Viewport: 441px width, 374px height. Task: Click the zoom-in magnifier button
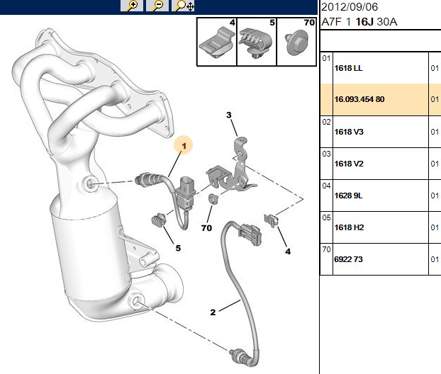pyautogui.click(x=132, y=6)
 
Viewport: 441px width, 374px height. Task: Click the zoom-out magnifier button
pyautogui.click(x=157, y=6)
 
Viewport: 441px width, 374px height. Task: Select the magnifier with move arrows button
pyautogui.click(x=183, y=6)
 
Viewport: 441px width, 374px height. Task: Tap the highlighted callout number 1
pyautogui.click(x=184, y=146)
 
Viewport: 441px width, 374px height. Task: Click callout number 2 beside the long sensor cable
pyautogui.click(x=213, y=312)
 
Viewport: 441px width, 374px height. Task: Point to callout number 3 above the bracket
pyautogui.click(x=229, y=115)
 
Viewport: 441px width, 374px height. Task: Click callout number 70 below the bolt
pyautogui.click(x=207, y=228)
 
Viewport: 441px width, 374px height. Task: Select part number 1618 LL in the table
pyautogui.click(x=348, y=68)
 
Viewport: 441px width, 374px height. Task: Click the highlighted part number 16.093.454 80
pyautogui.click(x=359, y=99)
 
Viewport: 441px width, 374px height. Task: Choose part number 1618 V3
pyautogui.click(x=349, y=132)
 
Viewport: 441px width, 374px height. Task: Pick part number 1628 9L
pyautogui.click(x=348, y=195)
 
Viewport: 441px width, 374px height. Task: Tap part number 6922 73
pyautogui.click(x=348, y=259)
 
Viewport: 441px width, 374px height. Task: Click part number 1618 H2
pyautogui.click(x=349, y=227)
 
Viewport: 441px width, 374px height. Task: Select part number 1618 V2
pyautogui.click(x=349, y=164)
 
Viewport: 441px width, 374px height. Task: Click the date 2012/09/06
pyautogui.click(x=350, y=7)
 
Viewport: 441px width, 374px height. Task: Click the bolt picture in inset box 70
pyautogui.click(x=296, y=43)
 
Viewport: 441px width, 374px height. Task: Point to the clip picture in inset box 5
pyautogui.click(x=256, y=42)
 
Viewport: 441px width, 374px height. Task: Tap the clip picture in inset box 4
pyautogui.click(x=216, y=43)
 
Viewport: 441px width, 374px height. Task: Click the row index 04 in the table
pyautogui.click(x=326, y=186)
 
